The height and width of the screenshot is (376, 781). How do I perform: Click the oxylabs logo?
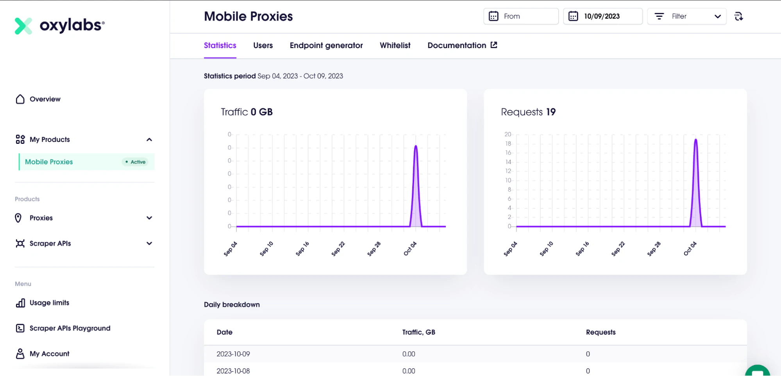tap(60, 25)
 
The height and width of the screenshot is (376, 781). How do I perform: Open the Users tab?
tap(263, 45)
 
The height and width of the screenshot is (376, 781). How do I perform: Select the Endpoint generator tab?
tap(326, 45)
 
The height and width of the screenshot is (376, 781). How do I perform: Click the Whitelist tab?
tap(395, 45)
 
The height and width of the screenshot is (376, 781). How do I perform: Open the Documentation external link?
tap(462, 45)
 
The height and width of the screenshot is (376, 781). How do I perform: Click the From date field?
tap(521, 16)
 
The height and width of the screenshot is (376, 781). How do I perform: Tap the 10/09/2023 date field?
tap(603, 16)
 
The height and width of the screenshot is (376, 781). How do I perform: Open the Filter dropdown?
tap(687, 16)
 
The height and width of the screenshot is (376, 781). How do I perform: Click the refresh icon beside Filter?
tap(738, 16)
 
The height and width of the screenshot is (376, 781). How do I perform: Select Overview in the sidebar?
tap(38, 99)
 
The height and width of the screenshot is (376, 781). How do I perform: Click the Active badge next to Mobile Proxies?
tap(135, 162)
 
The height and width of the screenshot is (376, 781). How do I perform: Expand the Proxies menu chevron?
tap(149, 218)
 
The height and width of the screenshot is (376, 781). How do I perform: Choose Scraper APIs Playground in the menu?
tap(63, 328)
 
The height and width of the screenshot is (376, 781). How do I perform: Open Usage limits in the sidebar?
tap(43, 303)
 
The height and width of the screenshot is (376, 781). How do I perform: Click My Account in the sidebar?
tap(43, 354)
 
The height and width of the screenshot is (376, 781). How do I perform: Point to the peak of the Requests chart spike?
tap(696, 139)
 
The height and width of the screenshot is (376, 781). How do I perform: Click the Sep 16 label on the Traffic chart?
tap(302, 249)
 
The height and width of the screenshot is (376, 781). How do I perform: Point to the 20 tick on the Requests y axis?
tap(508, 134)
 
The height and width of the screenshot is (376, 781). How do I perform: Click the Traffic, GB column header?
tap(419, 332)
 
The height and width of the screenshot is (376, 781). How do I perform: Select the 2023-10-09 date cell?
tap(233, 354)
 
